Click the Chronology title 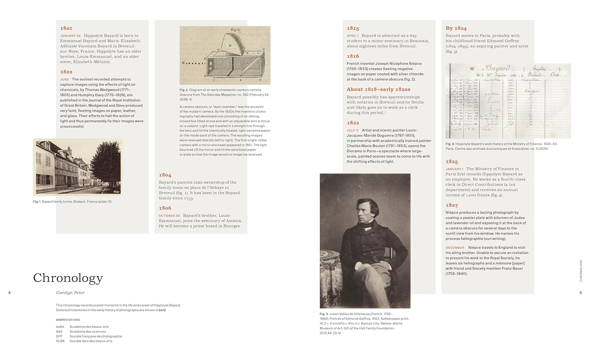68,278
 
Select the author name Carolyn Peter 70,293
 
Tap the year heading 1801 66,28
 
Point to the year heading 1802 66,72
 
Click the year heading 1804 165,175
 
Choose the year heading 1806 165,208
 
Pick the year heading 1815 353,28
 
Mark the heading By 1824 456,28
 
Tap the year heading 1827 452,205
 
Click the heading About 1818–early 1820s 378,89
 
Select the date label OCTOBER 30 169,216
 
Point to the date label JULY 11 352,130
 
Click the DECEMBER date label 455,248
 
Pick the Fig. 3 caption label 324,314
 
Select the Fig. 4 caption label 450,144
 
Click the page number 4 9,293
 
